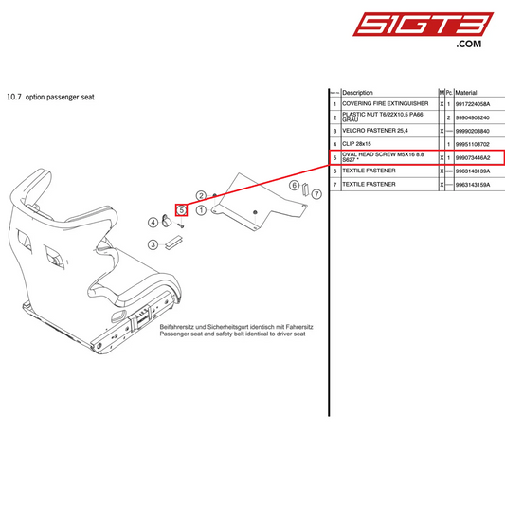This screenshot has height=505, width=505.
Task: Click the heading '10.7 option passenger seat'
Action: [x=50, y=97]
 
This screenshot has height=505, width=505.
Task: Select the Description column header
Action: [x=357, y=93]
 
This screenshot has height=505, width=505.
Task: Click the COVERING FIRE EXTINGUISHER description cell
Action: [x=385, y=103]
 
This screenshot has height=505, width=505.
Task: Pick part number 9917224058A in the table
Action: [x=478, y=103]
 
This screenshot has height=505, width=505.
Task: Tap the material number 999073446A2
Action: [x=478, y=157]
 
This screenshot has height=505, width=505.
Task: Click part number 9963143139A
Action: [x=478, y=171]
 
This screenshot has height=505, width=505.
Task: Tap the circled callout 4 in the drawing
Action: [x=153, y=222]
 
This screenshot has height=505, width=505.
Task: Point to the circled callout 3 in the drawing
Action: [x=152, y=244]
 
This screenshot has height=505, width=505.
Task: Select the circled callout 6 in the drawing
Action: [x=294, y=185]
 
